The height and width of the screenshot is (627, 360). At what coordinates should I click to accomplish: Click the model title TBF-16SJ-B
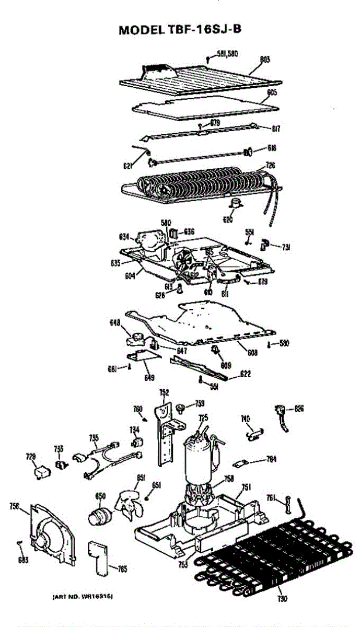(x=180, y=29)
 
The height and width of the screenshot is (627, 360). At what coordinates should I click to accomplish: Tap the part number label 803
(x=265, y=60)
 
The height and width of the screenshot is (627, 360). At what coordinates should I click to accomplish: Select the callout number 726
(x=271, y=165)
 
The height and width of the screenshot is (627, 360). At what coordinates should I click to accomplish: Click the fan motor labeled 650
(x=99, y=515)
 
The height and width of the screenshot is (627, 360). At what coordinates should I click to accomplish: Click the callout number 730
(x=283, y=598)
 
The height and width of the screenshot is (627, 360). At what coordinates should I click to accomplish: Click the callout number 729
(x=31, y=457)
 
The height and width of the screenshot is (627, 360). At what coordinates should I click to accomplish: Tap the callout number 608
(x=252, y=353)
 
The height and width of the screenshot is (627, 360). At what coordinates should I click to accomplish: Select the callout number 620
(x=228, y=220)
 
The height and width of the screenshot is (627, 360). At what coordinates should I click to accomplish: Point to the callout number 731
(x=286, y=247)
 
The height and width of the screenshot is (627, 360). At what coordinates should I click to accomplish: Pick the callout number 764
(x=271, y=459)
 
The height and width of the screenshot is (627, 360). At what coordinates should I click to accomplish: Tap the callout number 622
(x=245, y=374)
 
